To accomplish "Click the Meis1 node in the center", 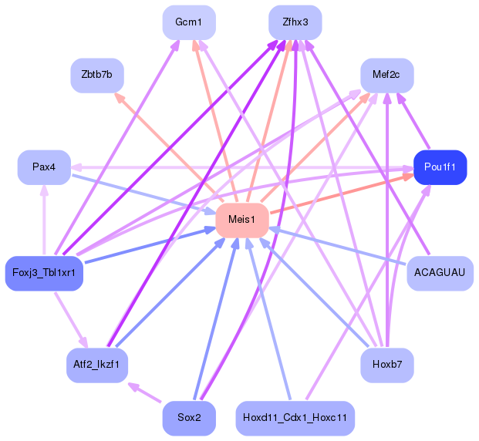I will pos(242,220).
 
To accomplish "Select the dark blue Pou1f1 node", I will pos(440,167).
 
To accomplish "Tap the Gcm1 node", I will pos(189,22).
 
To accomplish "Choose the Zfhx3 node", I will pos(295,22).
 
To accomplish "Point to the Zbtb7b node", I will pos(97,75).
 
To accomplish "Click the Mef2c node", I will pos(387,75).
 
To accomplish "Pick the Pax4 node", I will pos(44,167).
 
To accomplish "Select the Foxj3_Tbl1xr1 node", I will pos(44,273).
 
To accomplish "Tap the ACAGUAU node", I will pos(440,273).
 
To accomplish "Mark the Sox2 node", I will pos(189,418).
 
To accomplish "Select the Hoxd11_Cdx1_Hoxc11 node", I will pos(295,418).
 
